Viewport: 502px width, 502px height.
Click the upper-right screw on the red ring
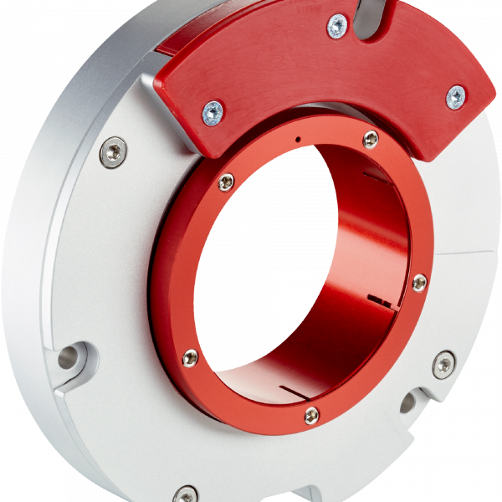tap(371, 140)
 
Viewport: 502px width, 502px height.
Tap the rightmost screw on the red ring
tap(419, 283)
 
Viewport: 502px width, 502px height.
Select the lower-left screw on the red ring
tap(191, 358)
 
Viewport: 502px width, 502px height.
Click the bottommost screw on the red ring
tap(312, 414)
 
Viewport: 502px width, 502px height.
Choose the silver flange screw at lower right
tap(443, 363)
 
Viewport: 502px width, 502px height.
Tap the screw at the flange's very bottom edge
tap(186, 494)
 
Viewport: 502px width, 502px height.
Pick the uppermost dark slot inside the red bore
tap(378, 177)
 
